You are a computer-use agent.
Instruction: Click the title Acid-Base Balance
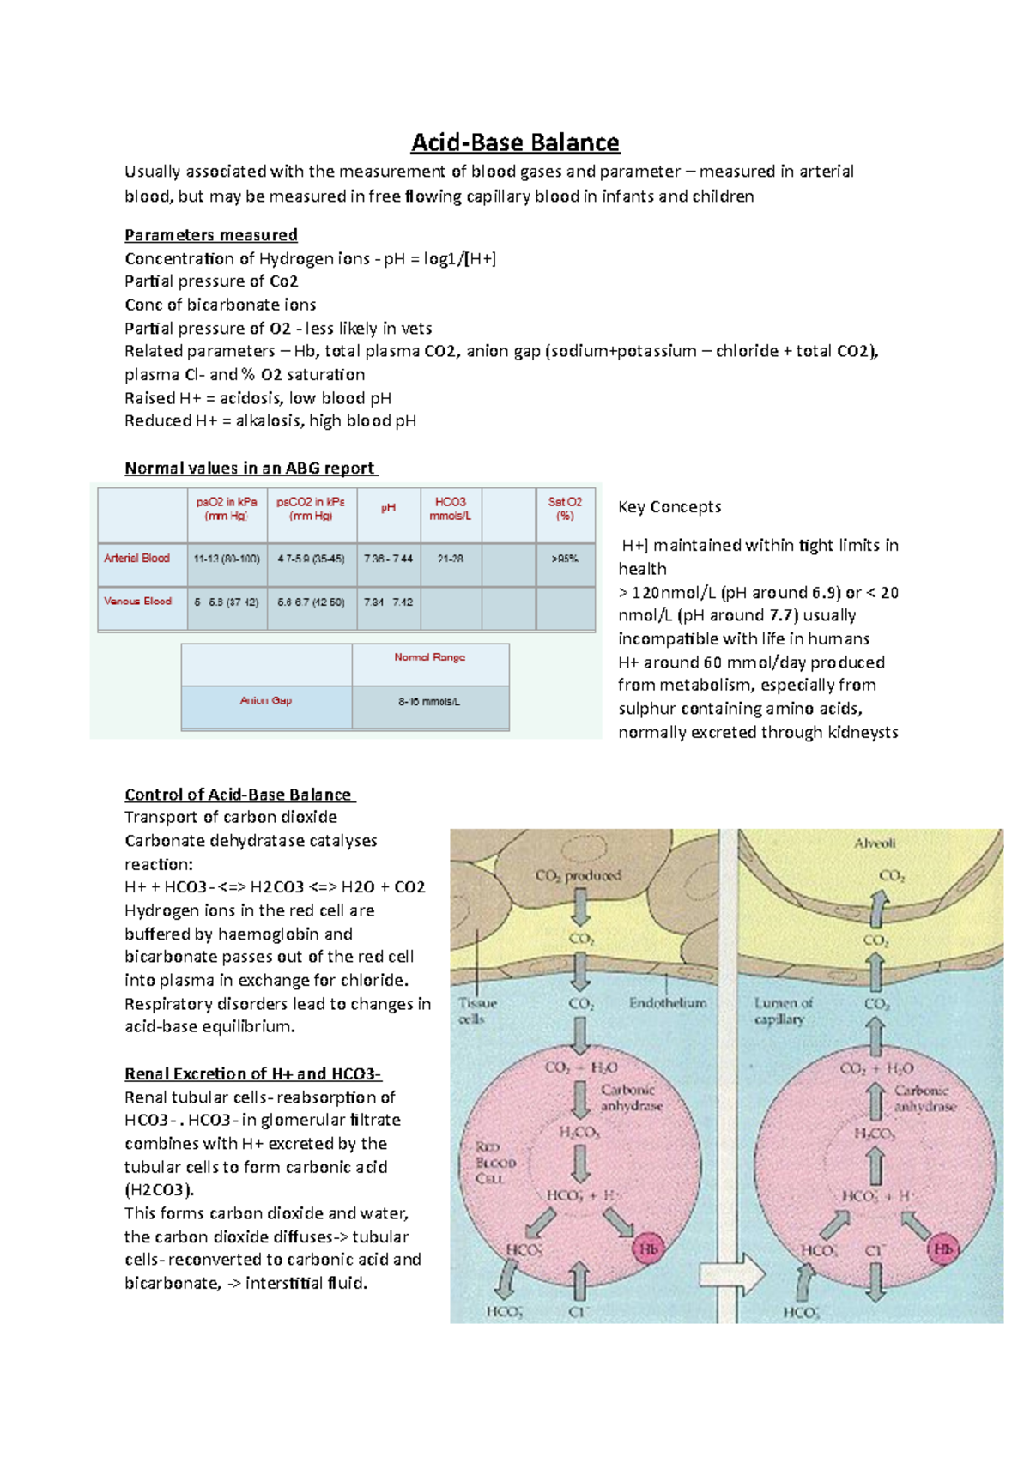tap(515, 142)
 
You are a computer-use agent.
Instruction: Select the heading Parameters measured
tap(211, 235)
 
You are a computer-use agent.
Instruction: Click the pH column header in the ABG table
tap(388, 508)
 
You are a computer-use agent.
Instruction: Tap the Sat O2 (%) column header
tap(565, 508)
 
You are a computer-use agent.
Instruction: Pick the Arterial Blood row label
tap(137, 558)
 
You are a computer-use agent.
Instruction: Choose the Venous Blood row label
tap(138, 602)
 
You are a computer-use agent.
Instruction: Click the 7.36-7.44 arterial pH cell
tap(388, 559)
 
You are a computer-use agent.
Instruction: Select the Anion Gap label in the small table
tap(266, 701)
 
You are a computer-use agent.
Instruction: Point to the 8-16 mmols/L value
tap(429, 702)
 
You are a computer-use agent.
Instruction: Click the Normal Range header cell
tap(429, 657)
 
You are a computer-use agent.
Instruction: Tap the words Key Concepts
tap(669, 507)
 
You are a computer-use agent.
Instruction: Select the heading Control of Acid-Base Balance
tap(239, 795)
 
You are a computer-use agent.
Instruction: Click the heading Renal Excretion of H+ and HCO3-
tap(252, 1074)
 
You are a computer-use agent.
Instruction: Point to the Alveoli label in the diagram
tap(875, 843)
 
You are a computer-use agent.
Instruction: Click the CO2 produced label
tap(578, 876)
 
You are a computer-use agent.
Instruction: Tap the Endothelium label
tap(668, 1003)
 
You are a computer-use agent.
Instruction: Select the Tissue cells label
tap(476, 1011)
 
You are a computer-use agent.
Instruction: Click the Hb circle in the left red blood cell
tap(648, 1249)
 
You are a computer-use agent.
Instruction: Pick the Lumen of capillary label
tap(783, 1011)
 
